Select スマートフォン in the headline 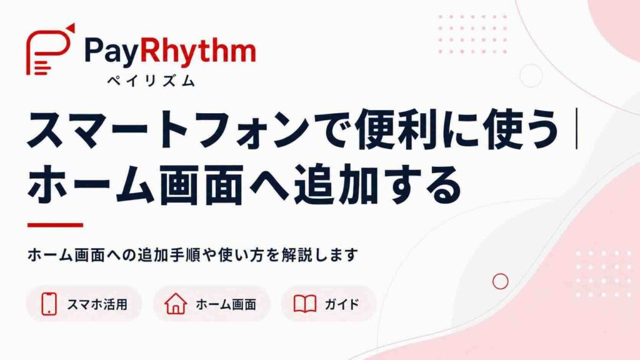168,129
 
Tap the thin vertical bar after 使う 576,129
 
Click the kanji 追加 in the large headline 336,185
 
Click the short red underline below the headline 55,225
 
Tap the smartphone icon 49,304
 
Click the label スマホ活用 97,304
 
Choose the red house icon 176,304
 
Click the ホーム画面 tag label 226,304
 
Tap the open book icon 305,304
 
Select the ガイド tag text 342,304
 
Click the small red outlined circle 501,281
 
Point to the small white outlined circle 531,76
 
